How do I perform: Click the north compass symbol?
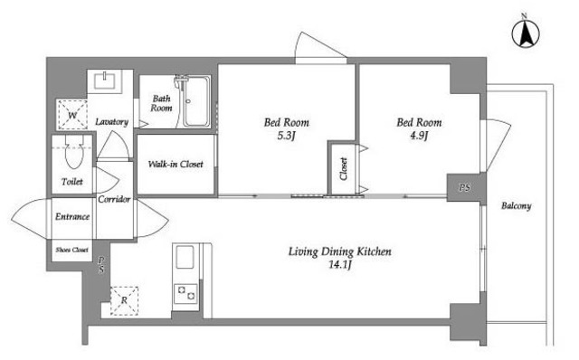525,33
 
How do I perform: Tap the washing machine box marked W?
72,115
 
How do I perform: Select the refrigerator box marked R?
124,300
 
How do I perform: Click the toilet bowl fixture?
74,152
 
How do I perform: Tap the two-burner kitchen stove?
185,293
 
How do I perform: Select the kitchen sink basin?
185,257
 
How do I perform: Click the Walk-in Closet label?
176,164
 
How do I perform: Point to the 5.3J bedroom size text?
286,136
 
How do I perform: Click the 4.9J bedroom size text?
419,136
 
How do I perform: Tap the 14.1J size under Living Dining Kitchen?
340,264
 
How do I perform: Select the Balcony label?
517,205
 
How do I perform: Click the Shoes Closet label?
72,250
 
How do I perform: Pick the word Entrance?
72,217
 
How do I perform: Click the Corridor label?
114,199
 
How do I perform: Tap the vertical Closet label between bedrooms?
344,169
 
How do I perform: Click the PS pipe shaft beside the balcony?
464,187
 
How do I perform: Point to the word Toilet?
72,182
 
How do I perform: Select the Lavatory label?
111,122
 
